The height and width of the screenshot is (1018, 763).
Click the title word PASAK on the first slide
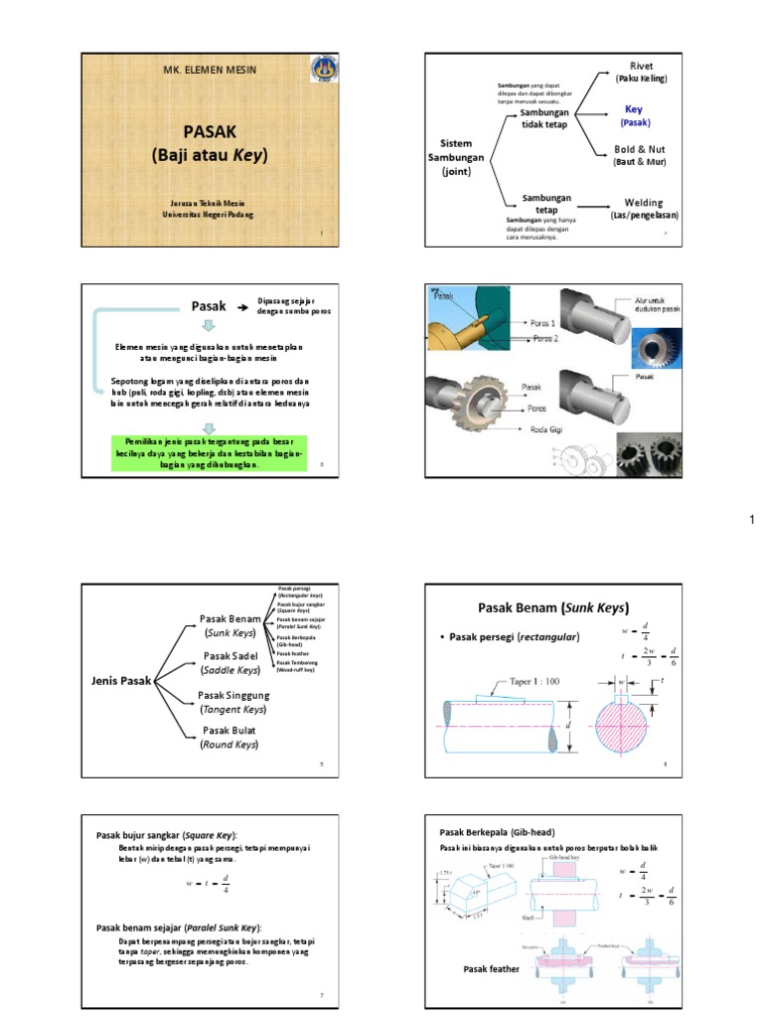click(x=210, y=131)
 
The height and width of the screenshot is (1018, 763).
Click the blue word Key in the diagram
click(x=634, y=108)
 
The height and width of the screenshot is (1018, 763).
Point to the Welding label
click(x=644, y=203)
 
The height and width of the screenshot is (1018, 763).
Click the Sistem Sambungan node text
click(x=456, y=157)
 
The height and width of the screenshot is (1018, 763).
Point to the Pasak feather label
click(x=492, y=968)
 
